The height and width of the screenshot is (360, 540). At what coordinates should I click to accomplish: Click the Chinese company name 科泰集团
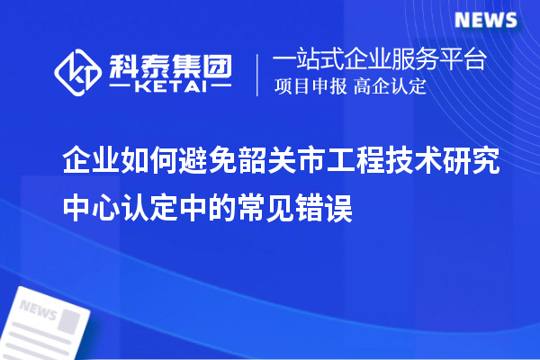point(170,63)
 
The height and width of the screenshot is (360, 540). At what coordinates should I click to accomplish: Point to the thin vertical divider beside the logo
point(258,74)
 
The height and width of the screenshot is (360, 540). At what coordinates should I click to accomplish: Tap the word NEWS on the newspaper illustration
point(37,310)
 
